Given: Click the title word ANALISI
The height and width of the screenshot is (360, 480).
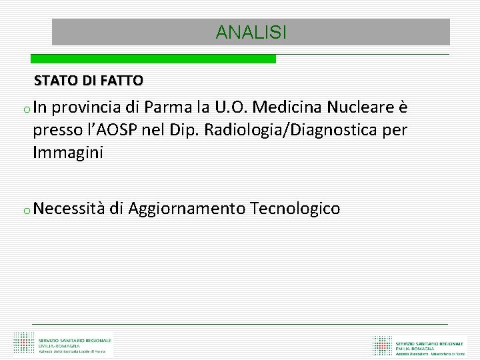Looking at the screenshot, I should coord(251,32).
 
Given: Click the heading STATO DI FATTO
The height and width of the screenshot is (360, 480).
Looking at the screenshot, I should coord(88,81).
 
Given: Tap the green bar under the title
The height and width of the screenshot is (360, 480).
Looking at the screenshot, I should coord(164,59).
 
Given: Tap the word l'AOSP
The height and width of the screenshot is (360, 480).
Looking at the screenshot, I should coord(108,130).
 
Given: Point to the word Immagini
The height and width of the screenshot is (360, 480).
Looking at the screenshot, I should coord(68,153).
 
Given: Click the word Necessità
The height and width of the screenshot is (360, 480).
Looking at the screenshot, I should coord(69,209).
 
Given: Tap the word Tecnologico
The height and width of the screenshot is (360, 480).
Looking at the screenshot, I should coord(295,209).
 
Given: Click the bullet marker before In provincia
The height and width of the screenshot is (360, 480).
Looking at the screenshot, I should coord(23,109).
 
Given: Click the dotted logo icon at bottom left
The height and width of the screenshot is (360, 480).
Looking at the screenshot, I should coord(23,343).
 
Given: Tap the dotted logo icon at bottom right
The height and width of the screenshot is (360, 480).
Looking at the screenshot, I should coord(382,345).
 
